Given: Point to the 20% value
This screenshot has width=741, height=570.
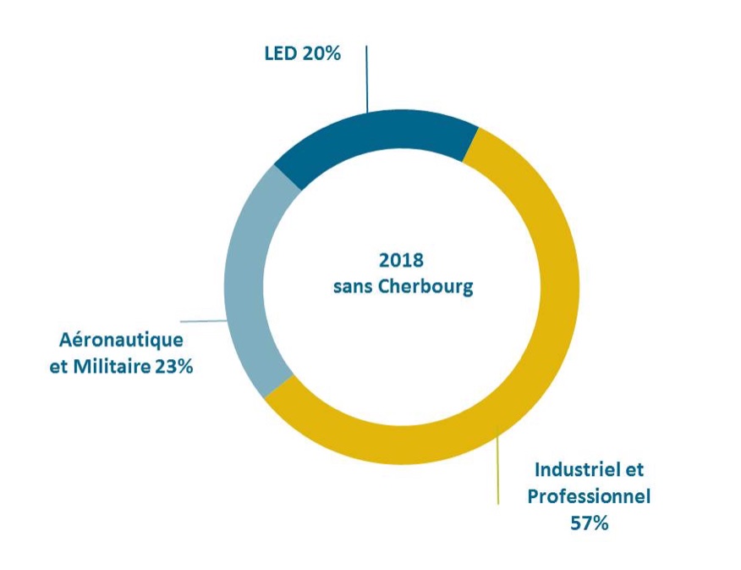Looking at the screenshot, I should point(321,54).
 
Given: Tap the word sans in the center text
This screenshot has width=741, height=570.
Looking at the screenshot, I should point(354,286).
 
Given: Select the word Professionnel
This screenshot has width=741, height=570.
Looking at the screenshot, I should point(589,495).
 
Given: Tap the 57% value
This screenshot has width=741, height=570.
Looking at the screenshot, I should point(589,523).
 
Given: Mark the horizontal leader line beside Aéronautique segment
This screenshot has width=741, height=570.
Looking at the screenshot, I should point(203,322).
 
